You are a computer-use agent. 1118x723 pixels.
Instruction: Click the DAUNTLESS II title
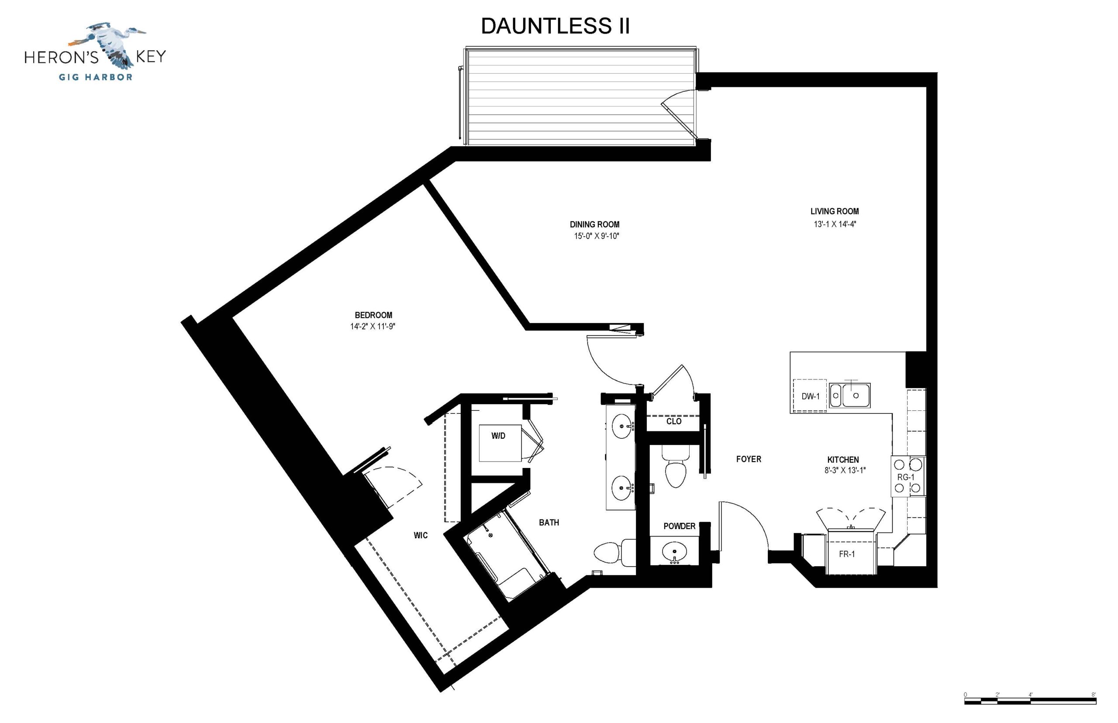555,26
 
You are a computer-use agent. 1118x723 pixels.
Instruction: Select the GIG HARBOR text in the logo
95,77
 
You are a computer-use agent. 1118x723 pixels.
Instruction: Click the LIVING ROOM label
835,211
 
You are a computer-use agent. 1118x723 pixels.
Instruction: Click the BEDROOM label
373,315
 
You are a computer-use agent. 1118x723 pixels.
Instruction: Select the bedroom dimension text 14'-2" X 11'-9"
373,326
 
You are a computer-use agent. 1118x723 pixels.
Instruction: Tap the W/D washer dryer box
500,443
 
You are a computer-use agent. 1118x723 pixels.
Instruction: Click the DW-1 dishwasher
810,396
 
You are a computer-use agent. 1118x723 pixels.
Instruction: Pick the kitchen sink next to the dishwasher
849,395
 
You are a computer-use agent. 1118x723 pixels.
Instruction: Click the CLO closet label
674,421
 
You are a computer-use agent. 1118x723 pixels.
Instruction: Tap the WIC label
421,535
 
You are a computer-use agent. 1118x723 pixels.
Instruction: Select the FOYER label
749,459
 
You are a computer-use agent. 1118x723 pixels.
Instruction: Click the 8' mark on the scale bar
1094,695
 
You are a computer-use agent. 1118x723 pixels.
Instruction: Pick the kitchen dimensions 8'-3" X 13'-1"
845,470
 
